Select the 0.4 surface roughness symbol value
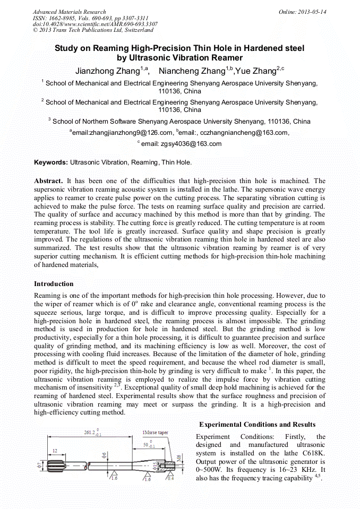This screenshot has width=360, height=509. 170,478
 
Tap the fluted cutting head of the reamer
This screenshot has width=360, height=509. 55,466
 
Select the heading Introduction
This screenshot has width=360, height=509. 54,284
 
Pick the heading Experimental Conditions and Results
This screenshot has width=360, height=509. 257,424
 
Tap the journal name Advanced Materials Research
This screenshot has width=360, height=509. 69,11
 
